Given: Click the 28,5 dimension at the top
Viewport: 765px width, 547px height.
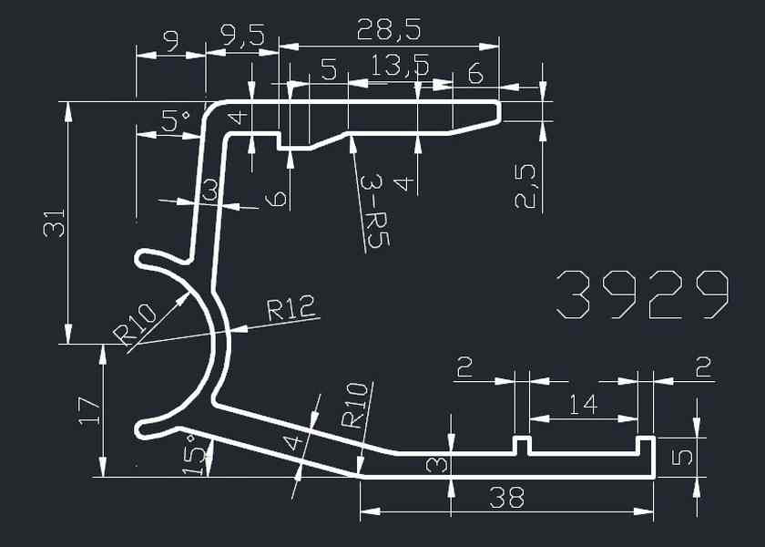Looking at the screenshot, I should click(x=389, y=32).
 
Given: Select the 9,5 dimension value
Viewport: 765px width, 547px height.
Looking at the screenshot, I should click(x=243, y=36).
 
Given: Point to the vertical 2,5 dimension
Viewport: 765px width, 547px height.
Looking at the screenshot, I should click(x=526, y=186).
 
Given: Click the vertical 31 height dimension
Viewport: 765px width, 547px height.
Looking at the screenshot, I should click(x=56, y=222).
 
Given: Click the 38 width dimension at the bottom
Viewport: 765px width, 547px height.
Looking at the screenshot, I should click(x=506, y=499).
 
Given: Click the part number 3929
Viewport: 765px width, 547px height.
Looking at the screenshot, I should click(x=642, y=294).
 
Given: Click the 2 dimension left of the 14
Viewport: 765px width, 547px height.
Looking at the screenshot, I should click(x=464, y=368).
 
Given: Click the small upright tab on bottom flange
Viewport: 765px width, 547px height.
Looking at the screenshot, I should click(x=522, y=445).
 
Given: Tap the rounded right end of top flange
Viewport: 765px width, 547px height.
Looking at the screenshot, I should click(x=497, y=111).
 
